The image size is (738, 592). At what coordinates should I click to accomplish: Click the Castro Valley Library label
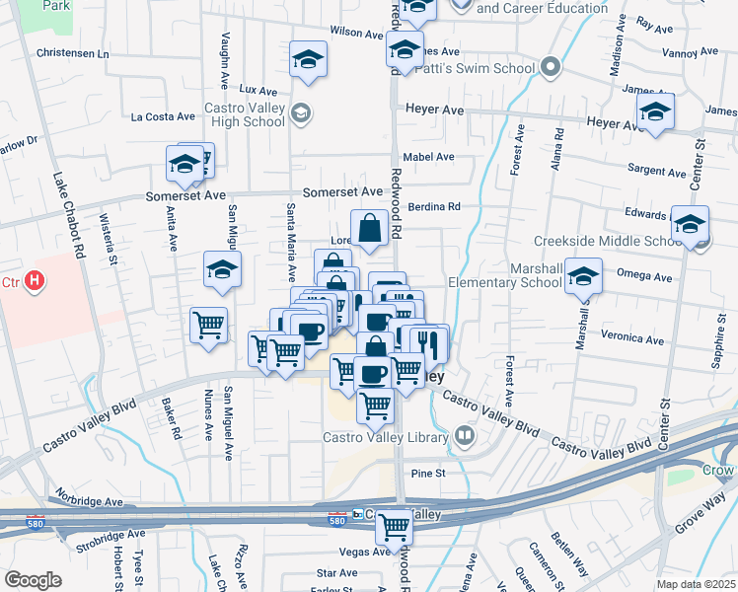pyautogui.click(x=388, y=436)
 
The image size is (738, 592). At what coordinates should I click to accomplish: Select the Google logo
pyautogui.click(x=33, y=580)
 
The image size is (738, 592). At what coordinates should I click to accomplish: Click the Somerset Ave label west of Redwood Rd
pyautogui.click(x=342, y=191)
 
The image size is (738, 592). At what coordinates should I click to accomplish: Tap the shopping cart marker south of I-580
pyautogui.click(x=395, y=528)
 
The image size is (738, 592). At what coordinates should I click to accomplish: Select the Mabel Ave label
pyautogui.click(x=430, y=157)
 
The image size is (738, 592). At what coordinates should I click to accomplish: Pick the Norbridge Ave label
pyautogui.click(x=89, y=497)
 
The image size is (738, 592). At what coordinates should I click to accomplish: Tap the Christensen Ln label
pyautogui.click(x=72, y=53)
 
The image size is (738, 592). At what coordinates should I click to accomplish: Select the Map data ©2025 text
pyautogui.click(x=696, y=584)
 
